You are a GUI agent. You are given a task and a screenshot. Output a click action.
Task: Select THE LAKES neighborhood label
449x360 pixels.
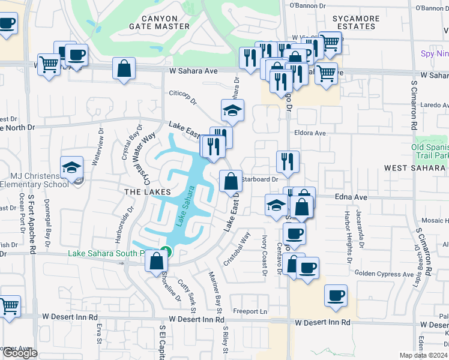point(144,191)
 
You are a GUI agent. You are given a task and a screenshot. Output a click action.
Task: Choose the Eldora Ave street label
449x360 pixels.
point(310,133)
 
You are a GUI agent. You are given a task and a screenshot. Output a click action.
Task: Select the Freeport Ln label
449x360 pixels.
point(250,311)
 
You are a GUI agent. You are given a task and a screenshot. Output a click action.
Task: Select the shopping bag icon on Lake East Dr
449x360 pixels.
point(231,181)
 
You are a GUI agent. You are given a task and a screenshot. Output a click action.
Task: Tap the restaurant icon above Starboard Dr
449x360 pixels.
point(288,161)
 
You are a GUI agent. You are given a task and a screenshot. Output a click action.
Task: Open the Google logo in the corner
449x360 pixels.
point(20,353)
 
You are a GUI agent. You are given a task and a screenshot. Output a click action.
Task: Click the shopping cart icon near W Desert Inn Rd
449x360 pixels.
point(10,305)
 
